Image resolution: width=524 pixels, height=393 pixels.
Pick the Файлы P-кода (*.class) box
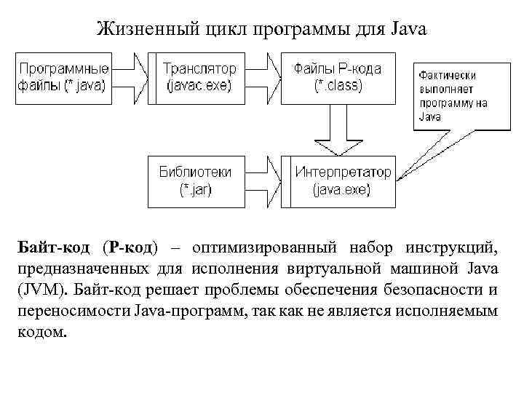pyautogui.click(x=338, y=76)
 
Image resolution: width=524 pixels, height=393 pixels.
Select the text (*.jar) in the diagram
pyautogui.click(x=195, y=190)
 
